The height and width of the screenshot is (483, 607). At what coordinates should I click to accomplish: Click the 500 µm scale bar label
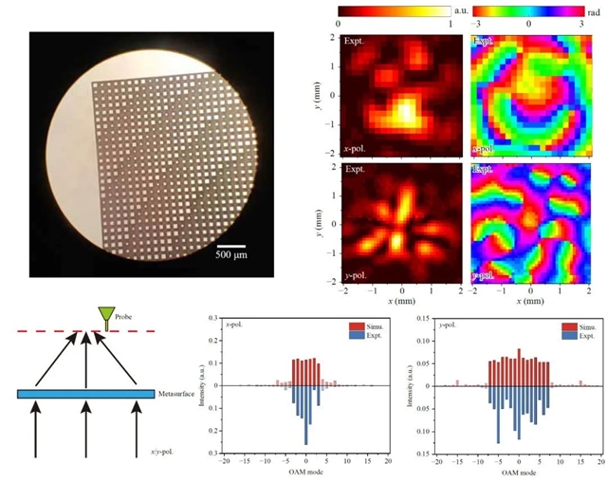tap(232, 254)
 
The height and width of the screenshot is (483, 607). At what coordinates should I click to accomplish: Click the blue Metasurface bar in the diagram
tap(86, 393)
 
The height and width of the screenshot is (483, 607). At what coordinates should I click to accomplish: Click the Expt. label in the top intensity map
tap(356, 42)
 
